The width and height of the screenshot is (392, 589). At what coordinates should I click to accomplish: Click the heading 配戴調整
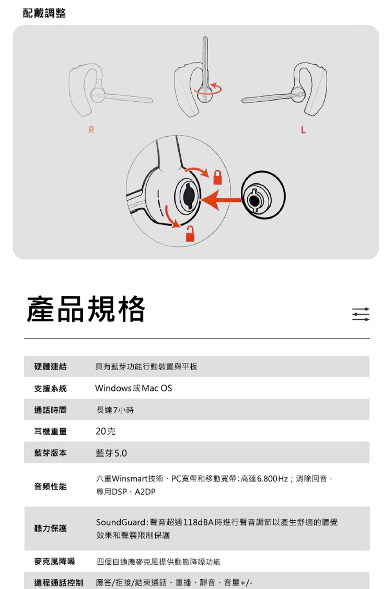click(x=44, y=13)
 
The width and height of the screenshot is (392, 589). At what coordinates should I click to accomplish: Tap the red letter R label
click(x=91, y=130)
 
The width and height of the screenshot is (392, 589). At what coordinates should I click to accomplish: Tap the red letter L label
click(x=303, y=130)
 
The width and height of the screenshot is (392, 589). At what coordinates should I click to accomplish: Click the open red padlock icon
click(x=191, y=234)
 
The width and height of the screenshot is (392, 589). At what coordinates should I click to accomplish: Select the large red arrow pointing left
click(x=221, y=200)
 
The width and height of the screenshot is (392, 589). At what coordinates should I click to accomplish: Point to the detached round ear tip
click(x=263, y=195)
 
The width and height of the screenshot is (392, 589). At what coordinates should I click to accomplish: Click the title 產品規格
click(x=86, y=309)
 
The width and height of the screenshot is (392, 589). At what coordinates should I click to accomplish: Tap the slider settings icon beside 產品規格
click(x=361, y=314)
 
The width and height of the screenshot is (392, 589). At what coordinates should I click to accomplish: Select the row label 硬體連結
click(x=51, y=366)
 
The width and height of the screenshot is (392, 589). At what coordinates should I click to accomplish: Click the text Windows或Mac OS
click(x=133, y=388)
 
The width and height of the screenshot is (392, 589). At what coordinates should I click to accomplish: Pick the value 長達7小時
click(x=115, y=410)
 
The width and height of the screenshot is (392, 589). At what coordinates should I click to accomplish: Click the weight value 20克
click(x=105, y=431)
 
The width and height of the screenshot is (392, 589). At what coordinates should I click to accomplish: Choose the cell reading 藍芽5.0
click(x=111, y=453)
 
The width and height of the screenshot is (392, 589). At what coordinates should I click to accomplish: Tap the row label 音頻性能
click(x=51, y=486)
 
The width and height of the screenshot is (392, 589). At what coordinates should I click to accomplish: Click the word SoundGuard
click(x=121, y=522)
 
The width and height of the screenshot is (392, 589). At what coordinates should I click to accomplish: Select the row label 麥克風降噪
click(x=54, y=561)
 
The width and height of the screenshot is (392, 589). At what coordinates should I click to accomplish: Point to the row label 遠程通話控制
click(x=58, y=582)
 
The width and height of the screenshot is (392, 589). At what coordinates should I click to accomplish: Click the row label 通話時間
click(x=51, y=410)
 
